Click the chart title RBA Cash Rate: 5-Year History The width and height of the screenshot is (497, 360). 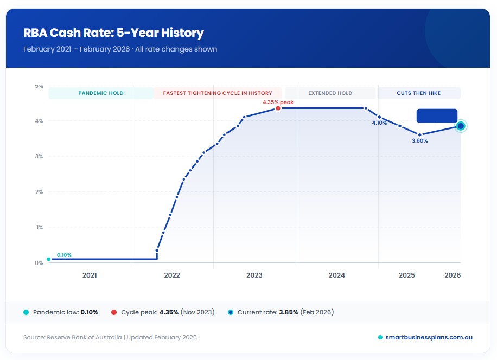point(113,33)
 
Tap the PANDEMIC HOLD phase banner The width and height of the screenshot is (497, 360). point(101,93)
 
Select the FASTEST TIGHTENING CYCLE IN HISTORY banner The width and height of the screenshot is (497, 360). point(218,93)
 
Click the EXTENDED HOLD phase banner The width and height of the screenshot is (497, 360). point(330,93)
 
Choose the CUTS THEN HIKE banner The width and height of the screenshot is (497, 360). point(418,93)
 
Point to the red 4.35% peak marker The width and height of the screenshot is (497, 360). point(278,108)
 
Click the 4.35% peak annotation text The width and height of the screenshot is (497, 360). point(278,101)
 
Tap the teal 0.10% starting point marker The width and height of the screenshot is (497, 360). point(49,259)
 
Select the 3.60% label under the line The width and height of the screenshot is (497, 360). point(419,141)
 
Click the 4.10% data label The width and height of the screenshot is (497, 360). point(379,123)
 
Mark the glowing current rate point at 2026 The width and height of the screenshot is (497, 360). point(461,126)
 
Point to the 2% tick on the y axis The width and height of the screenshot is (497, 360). point(39,192)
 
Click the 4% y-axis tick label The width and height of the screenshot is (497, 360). point(39,121)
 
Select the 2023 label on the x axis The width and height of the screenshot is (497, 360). point(254,275)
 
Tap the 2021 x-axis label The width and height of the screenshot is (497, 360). point(90,275)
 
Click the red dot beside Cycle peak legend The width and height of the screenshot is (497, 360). point(114,312)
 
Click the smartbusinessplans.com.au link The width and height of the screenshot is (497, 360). point(429,337)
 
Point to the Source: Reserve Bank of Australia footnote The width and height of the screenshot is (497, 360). point(110,337)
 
